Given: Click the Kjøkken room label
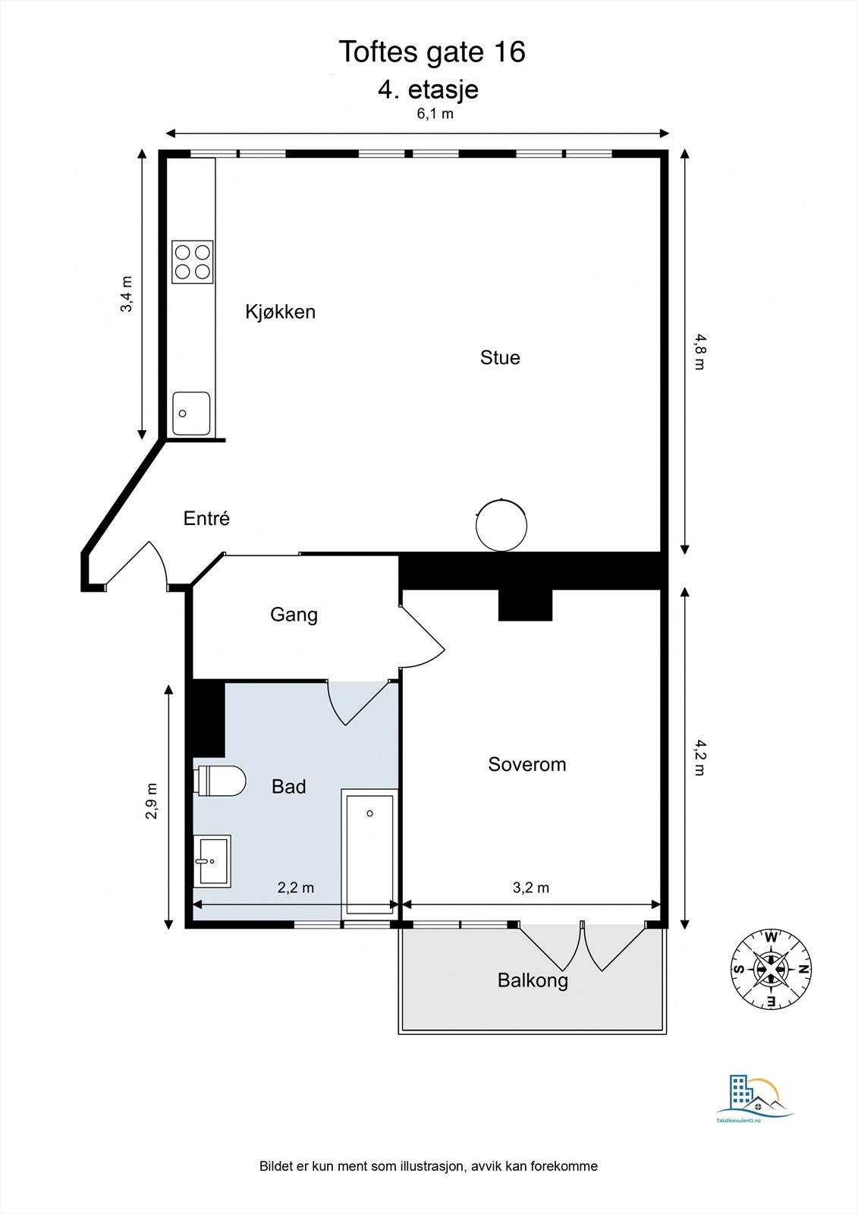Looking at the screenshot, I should (x=280, y=312).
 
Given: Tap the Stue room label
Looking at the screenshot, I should (x=500, y=357).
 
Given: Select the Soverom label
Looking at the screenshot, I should (x=526, y=764).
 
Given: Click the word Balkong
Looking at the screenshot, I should (x=533, y=980).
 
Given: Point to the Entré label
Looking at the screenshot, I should (x=206, y=518).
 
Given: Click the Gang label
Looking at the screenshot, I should (x=294, y=615).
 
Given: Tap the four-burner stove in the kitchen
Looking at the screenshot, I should (x=193, y=262).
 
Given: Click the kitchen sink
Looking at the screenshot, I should (x=191, y=414).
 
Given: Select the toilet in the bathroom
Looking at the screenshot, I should (x=221, y=781).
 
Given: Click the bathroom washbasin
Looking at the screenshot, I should (x=212, y=861).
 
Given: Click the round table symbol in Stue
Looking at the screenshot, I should (x=501, y=525).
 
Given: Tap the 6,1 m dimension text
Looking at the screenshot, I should (x=435, y=115).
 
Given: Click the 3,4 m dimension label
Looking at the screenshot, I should (x=127, y=294).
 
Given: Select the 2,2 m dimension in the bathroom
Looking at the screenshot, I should (x=295, y=888).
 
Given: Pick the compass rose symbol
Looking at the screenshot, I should (x=771, y=969).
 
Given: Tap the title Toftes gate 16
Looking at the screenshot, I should (x=431, y=52).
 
